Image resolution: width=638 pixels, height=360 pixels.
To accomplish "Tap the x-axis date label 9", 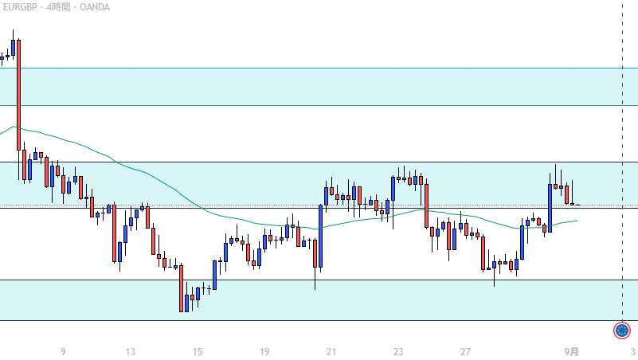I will [x=63, y=351].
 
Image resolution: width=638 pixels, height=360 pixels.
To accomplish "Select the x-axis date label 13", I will [x=131, y=351].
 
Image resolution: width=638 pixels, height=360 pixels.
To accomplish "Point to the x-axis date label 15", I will [x=198, y=351].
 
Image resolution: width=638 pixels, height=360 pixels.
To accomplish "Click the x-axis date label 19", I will [x=264, y=351].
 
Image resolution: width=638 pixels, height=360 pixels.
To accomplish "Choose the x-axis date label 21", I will [x=331, y=351].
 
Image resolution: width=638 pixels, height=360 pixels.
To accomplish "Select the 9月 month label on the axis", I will [x=572, y=351].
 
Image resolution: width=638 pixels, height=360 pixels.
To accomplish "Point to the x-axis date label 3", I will [x=632, y=351].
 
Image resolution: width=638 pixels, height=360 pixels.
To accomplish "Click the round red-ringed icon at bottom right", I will [x=622, y=330].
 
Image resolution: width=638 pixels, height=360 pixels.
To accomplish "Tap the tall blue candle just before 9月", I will [x=550, y=207].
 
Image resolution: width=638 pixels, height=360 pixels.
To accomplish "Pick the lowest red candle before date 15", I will [x=182, y=288].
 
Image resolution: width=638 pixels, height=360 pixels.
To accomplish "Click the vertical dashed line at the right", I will [x=622, y=159].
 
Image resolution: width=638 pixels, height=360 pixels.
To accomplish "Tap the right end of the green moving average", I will [x=575, y=220].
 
